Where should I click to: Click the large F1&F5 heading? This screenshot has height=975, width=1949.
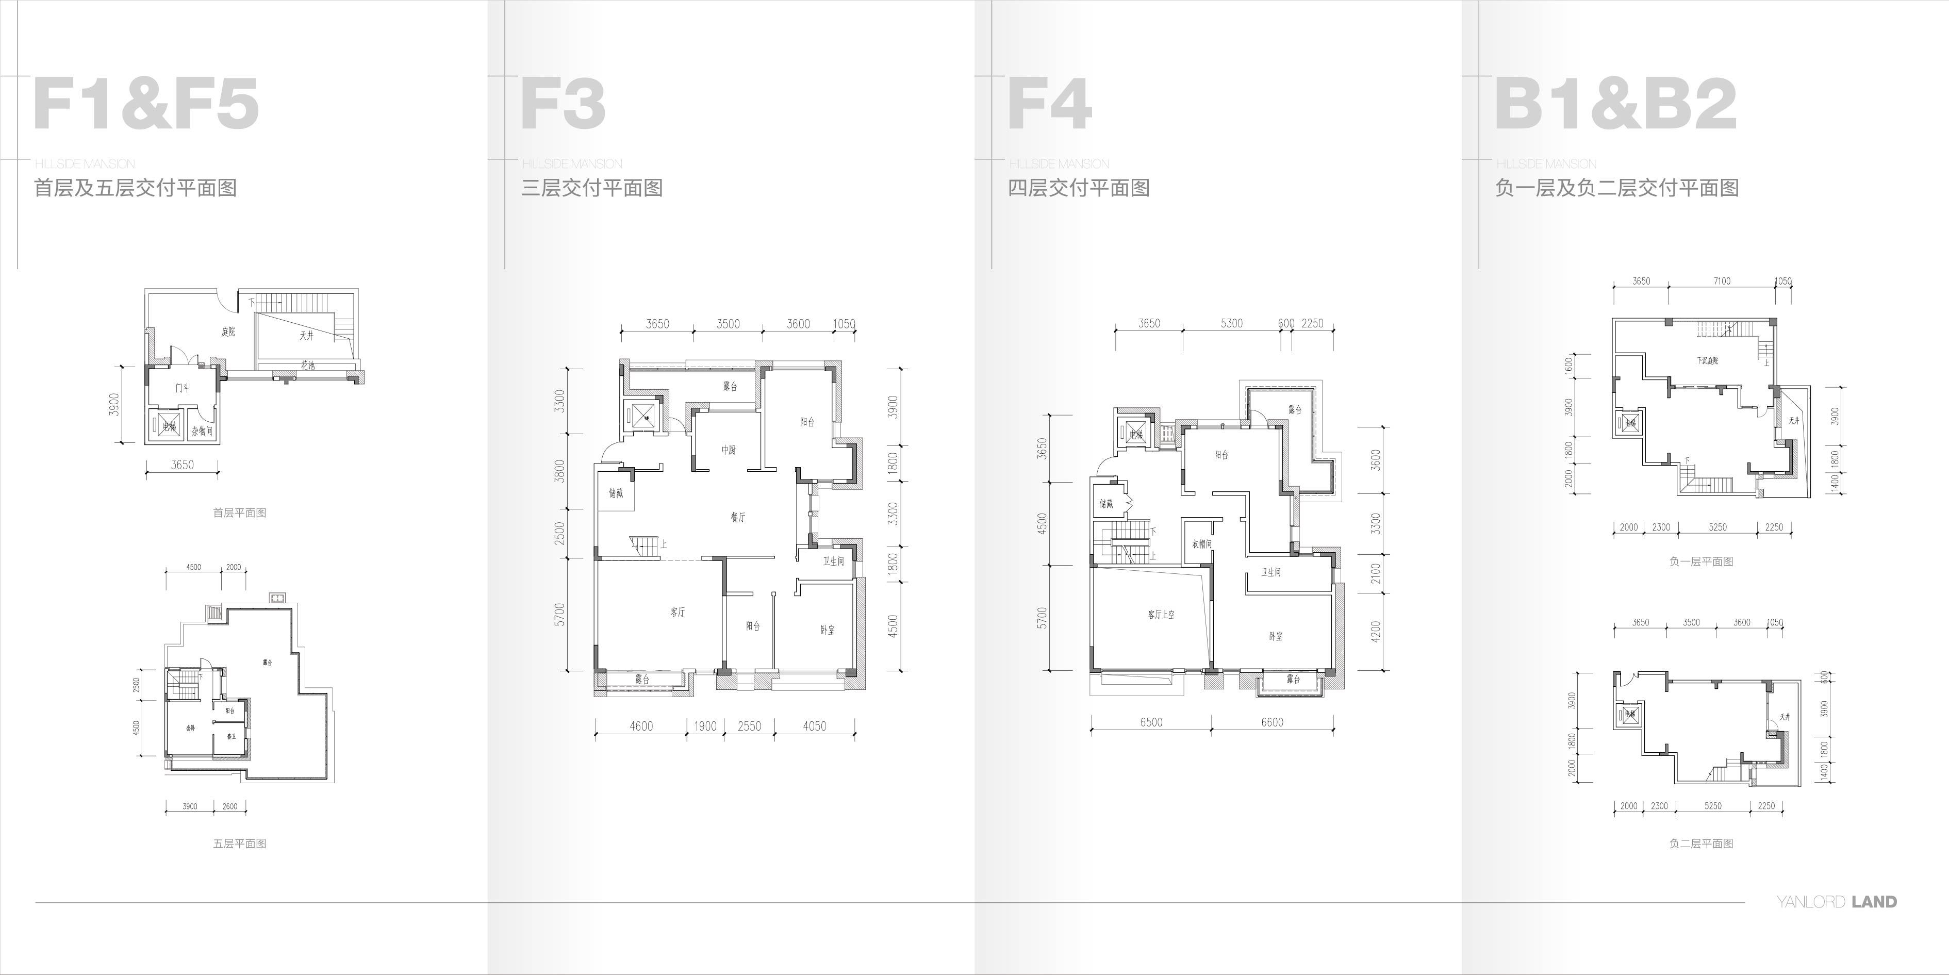(x=146, y=104)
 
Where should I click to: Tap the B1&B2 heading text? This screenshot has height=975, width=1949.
(x=1615, y=104)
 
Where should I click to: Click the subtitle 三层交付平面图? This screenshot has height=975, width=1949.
(x=592, y=188)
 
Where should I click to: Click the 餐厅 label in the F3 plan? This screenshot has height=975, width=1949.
(x=738, y=517)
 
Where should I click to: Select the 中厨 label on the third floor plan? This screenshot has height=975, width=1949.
(x=728, y=450)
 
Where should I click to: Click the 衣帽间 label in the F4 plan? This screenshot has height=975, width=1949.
(x=1201, y=544)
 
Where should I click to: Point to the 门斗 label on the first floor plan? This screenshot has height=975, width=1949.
(x=183, y=388)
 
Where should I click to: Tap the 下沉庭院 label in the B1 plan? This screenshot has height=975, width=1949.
(x=1707, y=361)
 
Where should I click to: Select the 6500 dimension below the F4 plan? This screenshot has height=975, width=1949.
(x=1151, y=722)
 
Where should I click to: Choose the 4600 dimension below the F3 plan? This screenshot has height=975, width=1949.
(x=641, y=726)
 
